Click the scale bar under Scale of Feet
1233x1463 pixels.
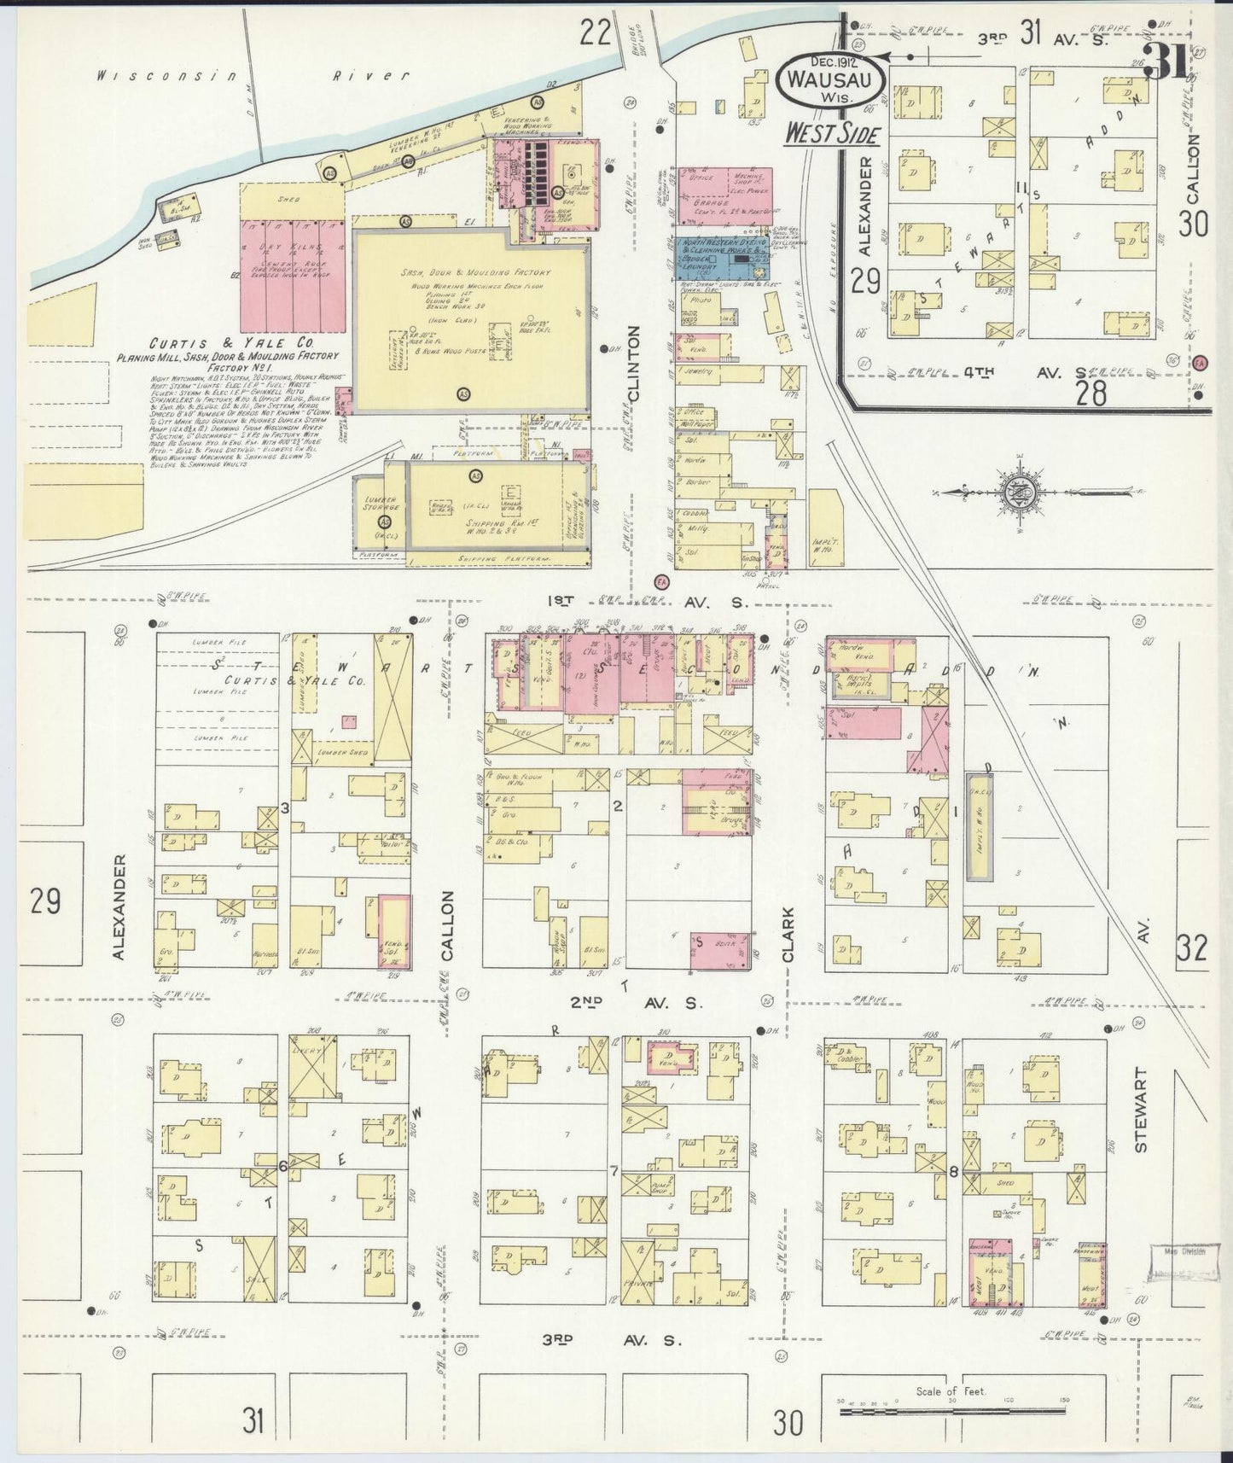(x=951, y=1412)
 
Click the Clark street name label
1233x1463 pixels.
(x=788, y=936)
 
